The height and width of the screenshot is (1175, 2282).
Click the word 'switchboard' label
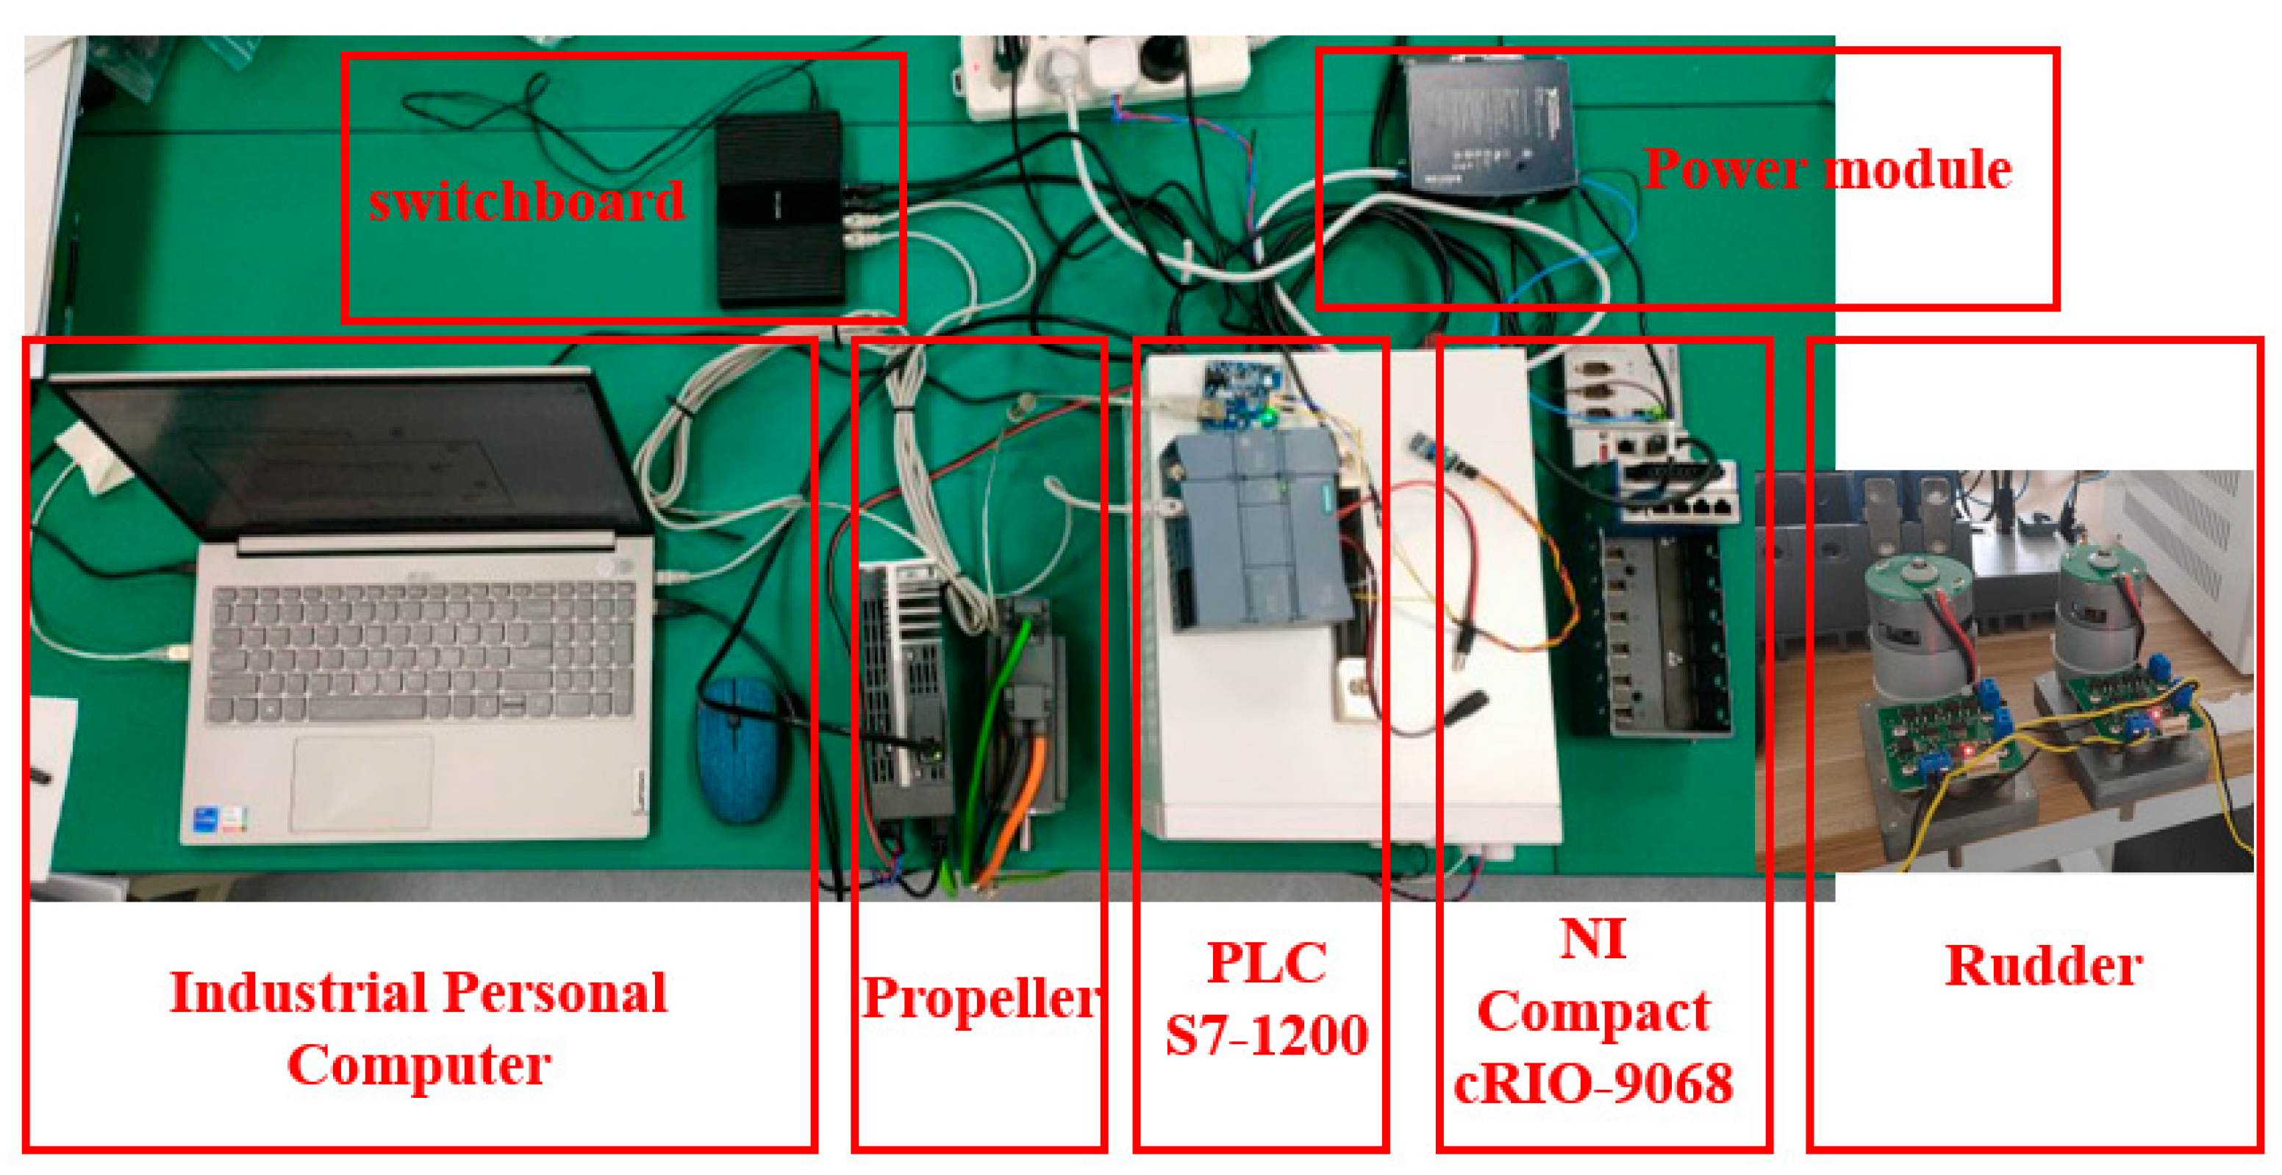point(526,201)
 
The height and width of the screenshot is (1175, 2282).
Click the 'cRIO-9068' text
point(1593,1083)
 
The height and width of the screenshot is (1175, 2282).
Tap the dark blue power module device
point(1488,124)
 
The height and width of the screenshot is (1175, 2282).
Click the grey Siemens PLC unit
point(1258,531)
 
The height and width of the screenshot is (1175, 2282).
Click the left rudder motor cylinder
point(1918,619)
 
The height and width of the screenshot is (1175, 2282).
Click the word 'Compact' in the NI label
point(1593,1011)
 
